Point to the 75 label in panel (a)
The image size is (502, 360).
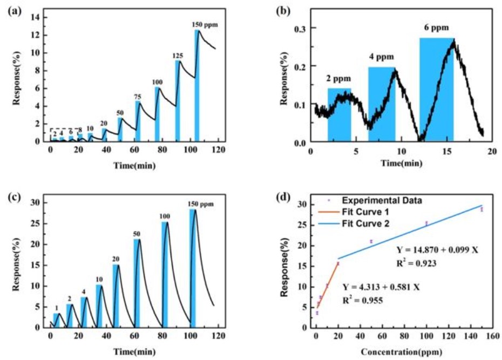point(138,97)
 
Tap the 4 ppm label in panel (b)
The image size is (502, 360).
point(382,57)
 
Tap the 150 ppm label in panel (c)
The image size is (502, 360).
point(201,203)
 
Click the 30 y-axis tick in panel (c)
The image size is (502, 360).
point(36,202)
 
